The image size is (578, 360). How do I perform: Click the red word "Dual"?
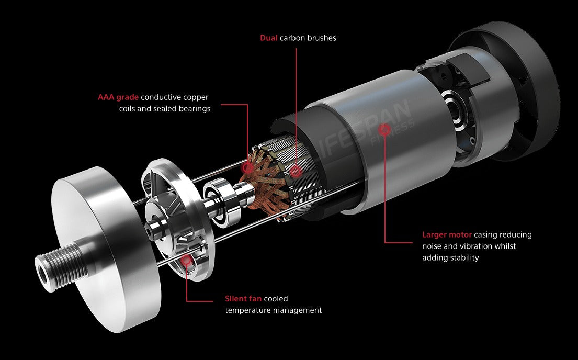pos(269,38)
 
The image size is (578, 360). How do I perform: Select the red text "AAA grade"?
pos(118,97)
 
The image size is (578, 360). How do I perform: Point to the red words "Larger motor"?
pos(447,234)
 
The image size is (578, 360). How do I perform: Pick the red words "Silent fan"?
pos(243,299)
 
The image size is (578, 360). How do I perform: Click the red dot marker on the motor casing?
pos(384,129)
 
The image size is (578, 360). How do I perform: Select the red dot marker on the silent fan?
pos(187,260)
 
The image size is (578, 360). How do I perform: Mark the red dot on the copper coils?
pos(247,168)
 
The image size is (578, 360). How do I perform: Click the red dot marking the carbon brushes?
pos(296,171)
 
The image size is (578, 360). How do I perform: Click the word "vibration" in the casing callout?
pos(475,246)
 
